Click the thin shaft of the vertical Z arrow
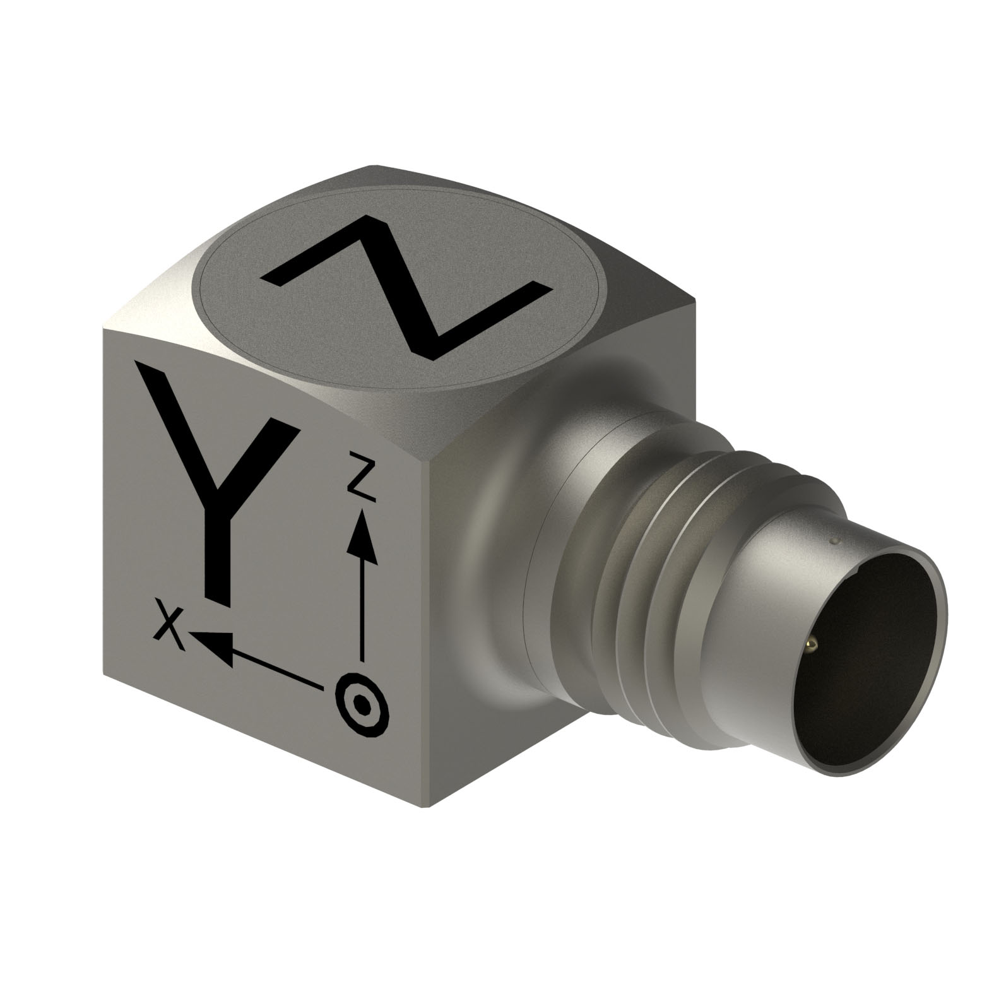362,606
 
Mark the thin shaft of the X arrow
278,669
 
